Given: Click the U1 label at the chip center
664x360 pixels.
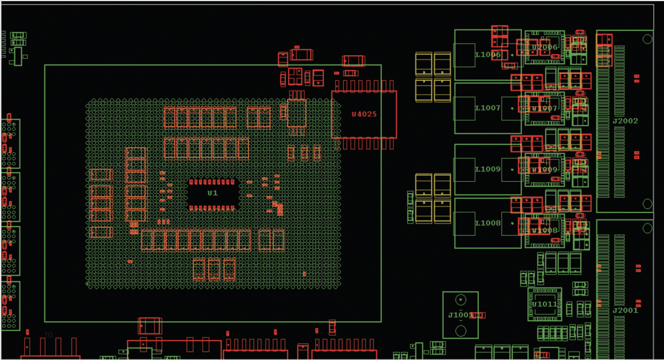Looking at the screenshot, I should pos(212,193).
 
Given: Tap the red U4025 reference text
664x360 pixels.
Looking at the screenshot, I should pos(364,114).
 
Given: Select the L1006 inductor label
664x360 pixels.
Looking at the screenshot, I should pos(488,54).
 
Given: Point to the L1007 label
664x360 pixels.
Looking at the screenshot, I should pos(488,108).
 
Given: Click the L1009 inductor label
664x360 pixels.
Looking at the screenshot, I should pos(488,169).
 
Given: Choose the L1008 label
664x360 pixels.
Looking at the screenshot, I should pos(488,223).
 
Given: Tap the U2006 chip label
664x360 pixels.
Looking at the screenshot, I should pos(544,47).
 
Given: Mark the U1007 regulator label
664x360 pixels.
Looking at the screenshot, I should pos(544,108).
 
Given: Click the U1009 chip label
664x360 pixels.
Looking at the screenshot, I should pos(544,169).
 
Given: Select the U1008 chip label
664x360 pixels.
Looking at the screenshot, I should pos(544,229).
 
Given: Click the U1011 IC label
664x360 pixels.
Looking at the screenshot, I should pos(544,304).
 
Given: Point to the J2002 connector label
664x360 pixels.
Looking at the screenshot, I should pos(625,121).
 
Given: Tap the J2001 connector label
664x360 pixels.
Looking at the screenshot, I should pos(625,310).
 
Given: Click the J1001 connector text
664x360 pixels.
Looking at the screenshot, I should pos(460,315).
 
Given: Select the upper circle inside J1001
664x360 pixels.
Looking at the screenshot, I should pos(460,300).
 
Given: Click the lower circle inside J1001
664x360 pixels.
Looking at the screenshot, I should pos(460,331).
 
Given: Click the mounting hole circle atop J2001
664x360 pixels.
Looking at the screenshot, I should pos(647,228).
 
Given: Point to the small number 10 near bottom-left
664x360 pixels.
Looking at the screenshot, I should pos(48,335).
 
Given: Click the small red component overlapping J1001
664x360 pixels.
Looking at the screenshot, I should pos(479,315).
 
